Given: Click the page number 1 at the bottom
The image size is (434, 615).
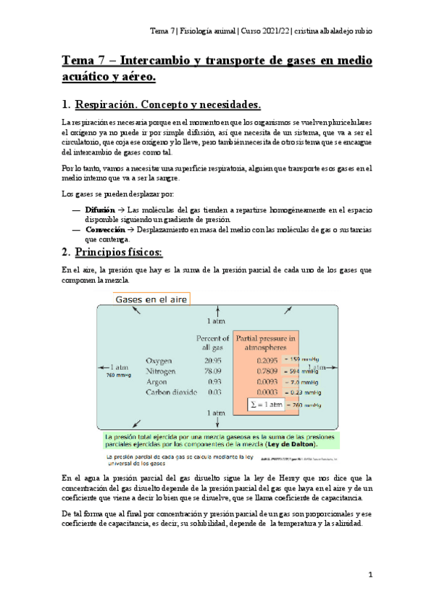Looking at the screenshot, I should point(370,575).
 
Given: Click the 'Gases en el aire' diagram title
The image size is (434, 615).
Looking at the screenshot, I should point(151,299).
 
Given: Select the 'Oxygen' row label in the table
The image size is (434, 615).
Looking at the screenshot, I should point(159,360).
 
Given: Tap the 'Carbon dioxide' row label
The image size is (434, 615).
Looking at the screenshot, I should point(171,392).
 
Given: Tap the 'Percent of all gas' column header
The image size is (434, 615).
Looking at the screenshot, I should point(212,342).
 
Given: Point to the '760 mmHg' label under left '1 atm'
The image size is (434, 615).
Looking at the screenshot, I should point(117,376).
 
